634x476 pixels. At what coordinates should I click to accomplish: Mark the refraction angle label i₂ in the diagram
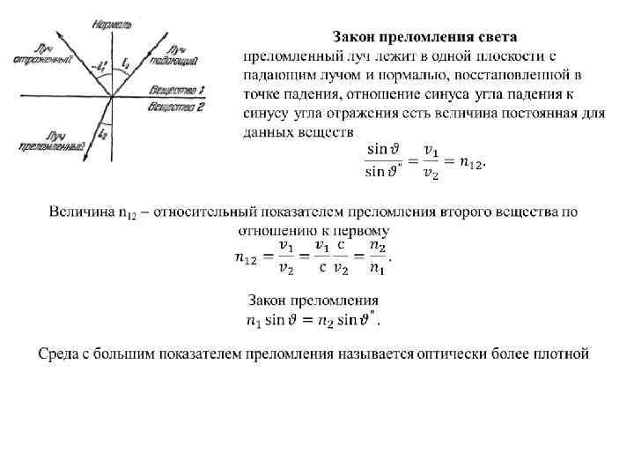point(105,133)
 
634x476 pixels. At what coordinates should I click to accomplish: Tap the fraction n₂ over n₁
point(377,256)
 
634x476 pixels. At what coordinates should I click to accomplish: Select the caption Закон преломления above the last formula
point(313,300)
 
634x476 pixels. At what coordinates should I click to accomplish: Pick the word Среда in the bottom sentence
point(60,354)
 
